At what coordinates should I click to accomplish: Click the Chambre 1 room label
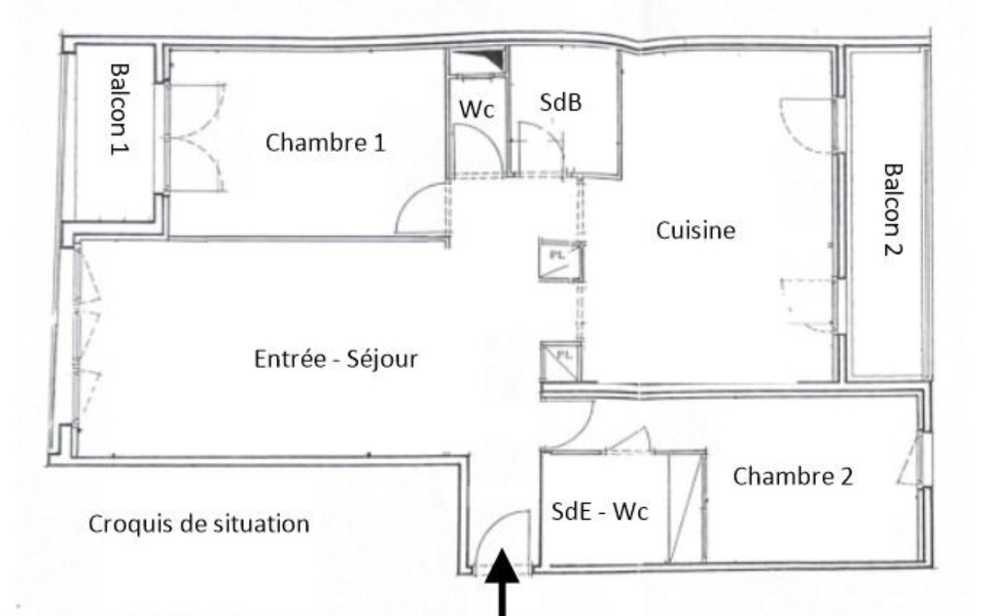click(x=325, y=143)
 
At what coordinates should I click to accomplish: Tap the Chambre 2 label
click(x=793, y=477)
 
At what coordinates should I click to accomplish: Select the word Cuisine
click(x=696, y=230)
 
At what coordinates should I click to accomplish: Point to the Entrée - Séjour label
click(x=336, y=358)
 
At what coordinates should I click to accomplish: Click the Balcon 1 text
click(x=119, y=110)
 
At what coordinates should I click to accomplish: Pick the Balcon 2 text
click(x=893, y=210)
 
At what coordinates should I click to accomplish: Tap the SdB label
click(x=561, y=102)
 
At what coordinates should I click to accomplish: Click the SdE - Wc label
click(x=599, y=512)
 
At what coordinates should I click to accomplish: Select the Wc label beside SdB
click(x=476, y=109)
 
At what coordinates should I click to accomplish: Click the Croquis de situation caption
click(x=199, y=524)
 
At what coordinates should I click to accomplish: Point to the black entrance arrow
click(x=502, y=582)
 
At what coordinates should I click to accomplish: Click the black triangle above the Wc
click(x=485, y=58)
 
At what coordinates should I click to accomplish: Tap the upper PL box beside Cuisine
click(x=561, y=259)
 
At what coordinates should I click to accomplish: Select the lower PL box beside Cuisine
click(x=561, y=361)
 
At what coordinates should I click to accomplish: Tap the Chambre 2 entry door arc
click(x=581, y=432)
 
